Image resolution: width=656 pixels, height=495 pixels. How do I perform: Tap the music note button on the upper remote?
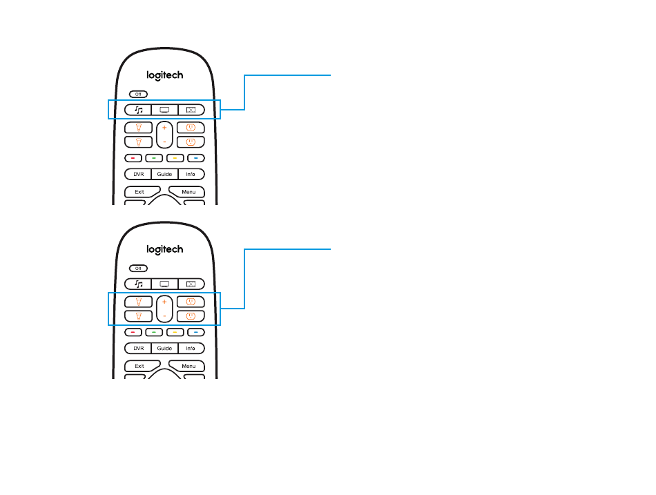(x=138, y=109)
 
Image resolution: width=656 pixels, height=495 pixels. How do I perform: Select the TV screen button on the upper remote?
(x=164, y=109)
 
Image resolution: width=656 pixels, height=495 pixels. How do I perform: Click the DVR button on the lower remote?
(x=138, y=349)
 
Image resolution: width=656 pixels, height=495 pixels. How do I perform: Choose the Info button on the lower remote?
(x=191, y=349)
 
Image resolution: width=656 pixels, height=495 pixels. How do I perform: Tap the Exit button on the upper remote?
(x=139, y=191)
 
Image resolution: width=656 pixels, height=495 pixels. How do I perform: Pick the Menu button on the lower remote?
(x=189, y=366)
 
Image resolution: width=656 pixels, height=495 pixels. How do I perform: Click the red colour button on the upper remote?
(x=133, y=158)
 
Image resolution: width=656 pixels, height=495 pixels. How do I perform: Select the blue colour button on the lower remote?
(x=196, y=332)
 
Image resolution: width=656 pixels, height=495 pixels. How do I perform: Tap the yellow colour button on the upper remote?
(x=175, y=158)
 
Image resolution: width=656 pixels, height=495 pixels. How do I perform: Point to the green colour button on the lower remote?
(x=154, y=332)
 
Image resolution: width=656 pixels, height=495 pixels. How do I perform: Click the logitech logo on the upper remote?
(x=164, y=75)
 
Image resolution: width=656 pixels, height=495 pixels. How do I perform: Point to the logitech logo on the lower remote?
(x=164, y=249)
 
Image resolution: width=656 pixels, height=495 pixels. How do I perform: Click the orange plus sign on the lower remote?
(x=164, y=302)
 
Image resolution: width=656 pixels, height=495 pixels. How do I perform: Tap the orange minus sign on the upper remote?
(x=164, y=141)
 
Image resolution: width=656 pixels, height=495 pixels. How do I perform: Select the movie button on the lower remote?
(x=191, y=283)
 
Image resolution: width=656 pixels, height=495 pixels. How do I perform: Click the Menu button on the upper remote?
(x=189, y=191)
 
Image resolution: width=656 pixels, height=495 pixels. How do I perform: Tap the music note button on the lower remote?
(x=138, y=283)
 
